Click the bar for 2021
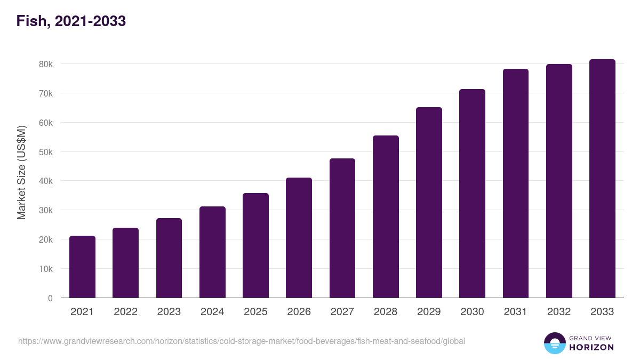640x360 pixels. coord(82,267)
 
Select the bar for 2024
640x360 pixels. coord(212,252)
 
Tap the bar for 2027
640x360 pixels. coord(342,228)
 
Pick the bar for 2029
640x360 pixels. coord(429,203)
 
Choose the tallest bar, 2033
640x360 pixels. coord(602,179)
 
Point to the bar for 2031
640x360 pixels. coord(515,183)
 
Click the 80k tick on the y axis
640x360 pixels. coord(46,64)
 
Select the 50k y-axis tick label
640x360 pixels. coord(46,152)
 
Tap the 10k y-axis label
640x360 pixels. coord(46,269)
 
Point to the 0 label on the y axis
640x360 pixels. coord(50,298)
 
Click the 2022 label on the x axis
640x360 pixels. coord(125,312)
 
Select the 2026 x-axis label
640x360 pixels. coord(299,312)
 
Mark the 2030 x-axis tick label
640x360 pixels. coord(472,312)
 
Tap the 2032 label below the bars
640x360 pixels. coord(559,312)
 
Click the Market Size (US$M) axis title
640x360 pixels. coord(21,173)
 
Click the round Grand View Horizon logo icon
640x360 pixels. coord(554,343)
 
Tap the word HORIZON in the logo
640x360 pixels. coord(591,347)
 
